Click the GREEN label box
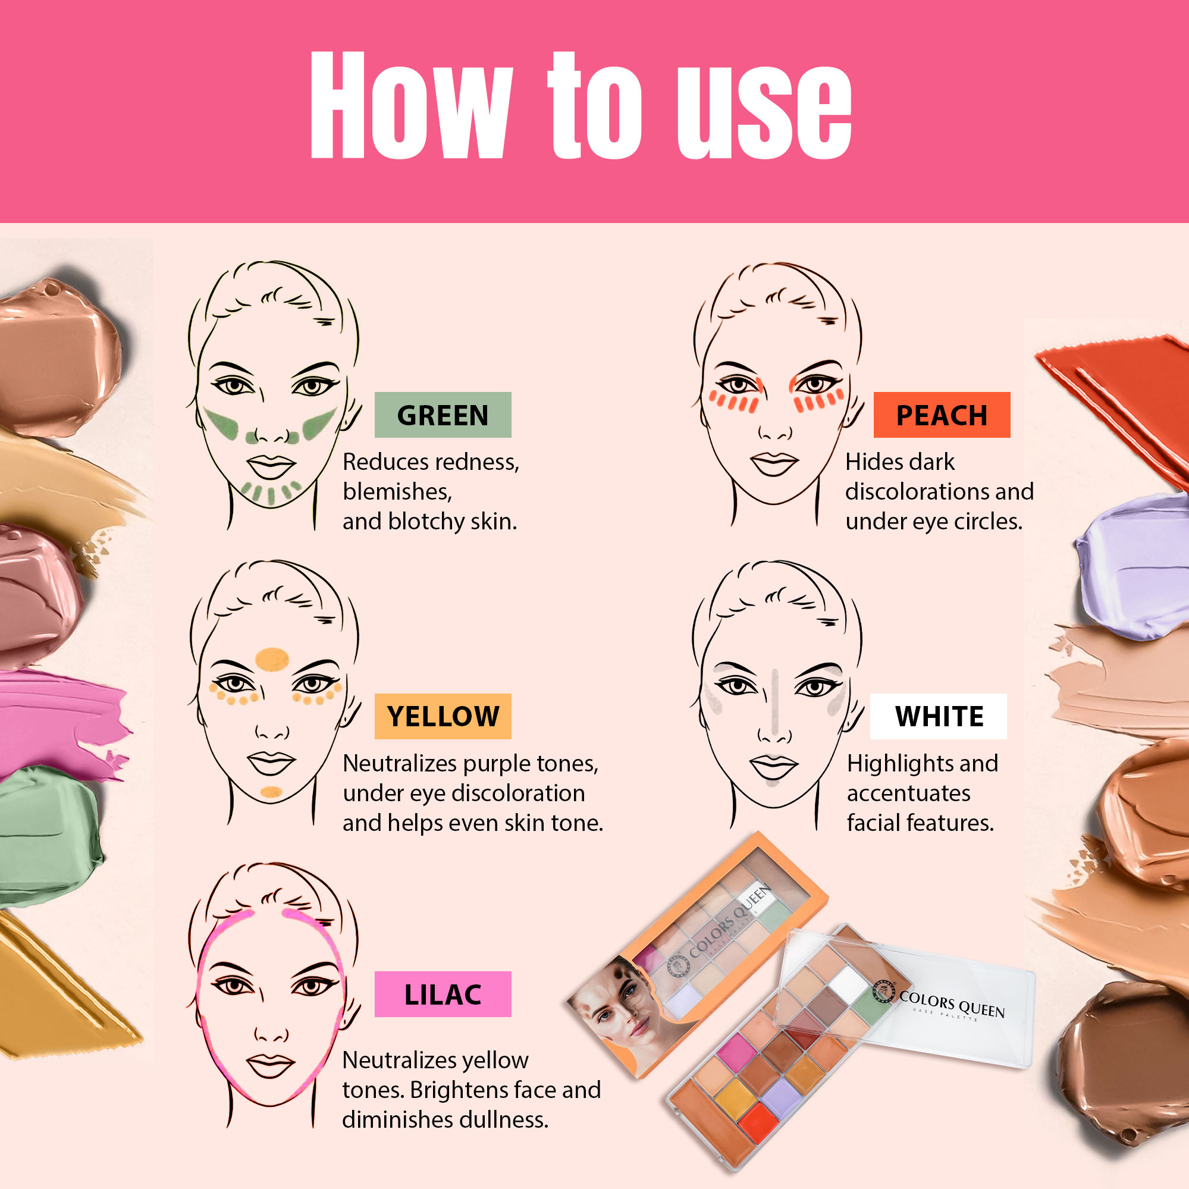coord(443,415)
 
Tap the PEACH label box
coord(942,415)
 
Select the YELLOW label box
coord(443,716)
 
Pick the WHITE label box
coord(939,716)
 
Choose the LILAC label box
coord(443,994)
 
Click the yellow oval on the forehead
coord(272,659)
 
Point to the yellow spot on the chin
coord(271,792)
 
